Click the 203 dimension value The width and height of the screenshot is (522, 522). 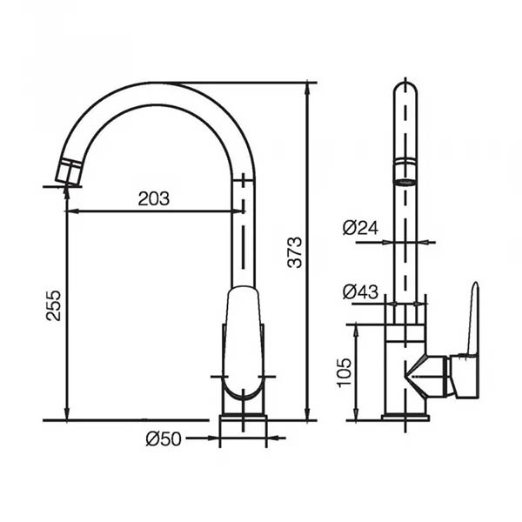[153, 198]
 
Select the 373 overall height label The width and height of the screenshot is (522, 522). [295, 252]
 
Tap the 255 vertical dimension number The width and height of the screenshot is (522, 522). [53, 305]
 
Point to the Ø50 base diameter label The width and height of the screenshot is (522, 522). [164, 438]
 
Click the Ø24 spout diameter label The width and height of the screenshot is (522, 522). [360, 228]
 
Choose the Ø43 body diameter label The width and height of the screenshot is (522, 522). [360, 292]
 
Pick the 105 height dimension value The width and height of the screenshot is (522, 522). [345, 373]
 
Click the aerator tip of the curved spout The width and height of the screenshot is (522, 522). [68, 171]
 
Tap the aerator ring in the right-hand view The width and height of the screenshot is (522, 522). [405, 172]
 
